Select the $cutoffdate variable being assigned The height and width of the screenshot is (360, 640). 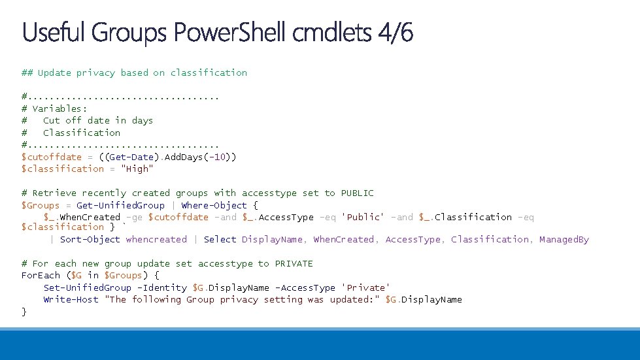tap(52, 157)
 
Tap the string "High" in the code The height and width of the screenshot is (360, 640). tap(137, 169)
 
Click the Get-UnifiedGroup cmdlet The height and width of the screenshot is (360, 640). tap(120, 205)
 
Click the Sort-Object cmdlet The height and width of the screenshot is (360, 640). tap(90, 240)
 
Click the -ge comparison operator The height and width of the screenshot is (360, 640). tap(134, 217)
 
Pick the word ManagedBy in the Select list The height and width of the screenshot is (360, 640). tap(564, 240)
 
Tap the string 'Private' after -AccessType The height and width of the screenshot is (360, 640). tap(368, 288)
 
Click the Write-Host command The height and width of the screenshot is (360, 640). tap(71, 300)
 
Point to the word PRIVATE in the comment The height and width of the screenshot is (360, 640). tap(294, 264)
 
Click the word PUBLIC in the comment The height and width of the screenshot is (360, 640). tap(357, 193)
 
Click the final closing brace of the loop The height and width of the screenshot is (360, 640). tap(24, 312)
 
